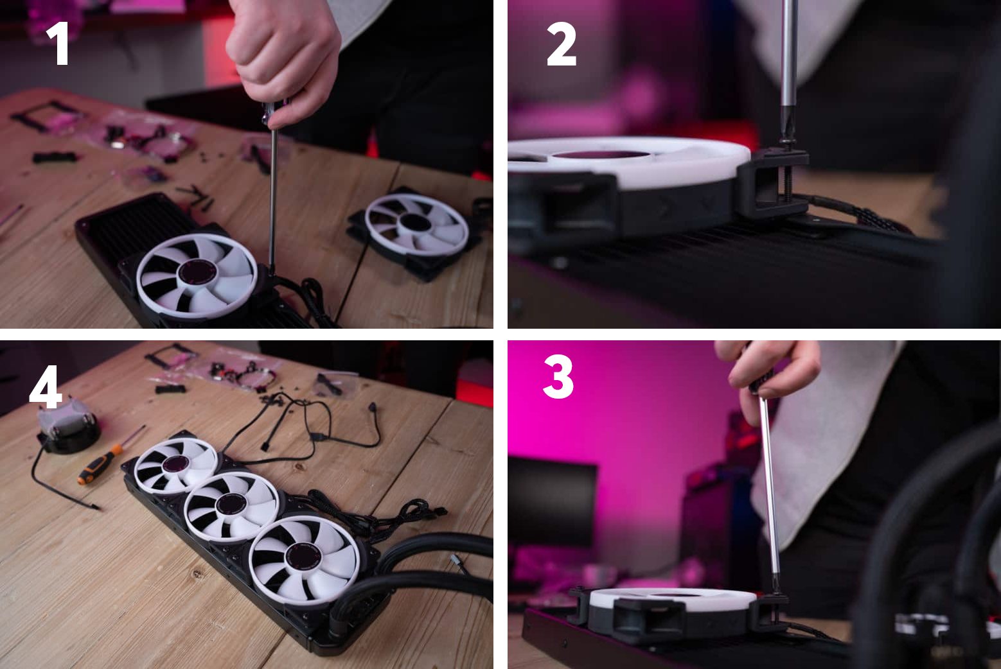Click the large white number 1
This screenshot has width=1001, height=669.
pyautogui.click(x=58, y=43)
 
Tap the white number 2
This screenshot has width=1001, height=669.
pyautogui.click(x=562, y=44)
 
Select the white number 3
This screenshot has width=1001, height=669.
pyautogui.click(x=558, y=376)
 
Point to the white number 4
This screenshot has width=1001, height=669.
pyautogui.click(x=45, y=387)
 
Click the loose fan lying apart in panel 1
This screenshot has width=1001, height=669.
pyautogui.click(x=413, y=232)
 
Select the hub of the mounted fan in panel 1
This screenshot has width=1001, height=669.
pyautogui.click(x=197, y=272)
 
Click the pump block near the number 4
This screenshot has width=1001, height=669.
pyautogui.click(x=67, y=426)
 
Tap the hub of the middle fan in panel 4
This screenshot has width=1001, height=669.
pyautogui.click(x=231, y=505)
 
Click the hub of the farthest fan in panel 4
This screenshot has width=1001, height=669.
pyautogui.click(x=175, y=464)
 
